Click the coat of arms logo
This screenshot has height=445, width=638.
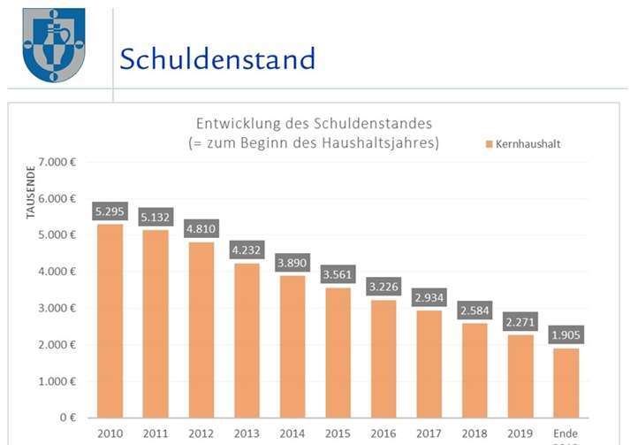(x=53, y=44)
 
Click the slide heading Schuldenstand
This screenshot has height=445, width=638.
(x=217, y=59)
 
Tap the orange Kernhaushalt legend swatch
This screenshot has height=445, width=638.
(x=488, y=143)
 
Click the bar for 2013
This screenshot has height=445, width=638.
(x=247, y=340)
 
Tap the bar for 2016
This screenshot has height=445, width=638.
(x=384, y=358)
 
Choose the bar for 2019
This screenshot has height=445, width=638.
(x=520, y=375)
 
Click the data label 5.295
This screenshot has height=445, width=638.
(x=110, y=212)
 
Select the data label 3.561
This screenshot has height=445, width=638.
(x=338, y=275)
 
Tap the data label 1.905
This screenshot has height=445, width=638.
(x=566, y=335)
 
